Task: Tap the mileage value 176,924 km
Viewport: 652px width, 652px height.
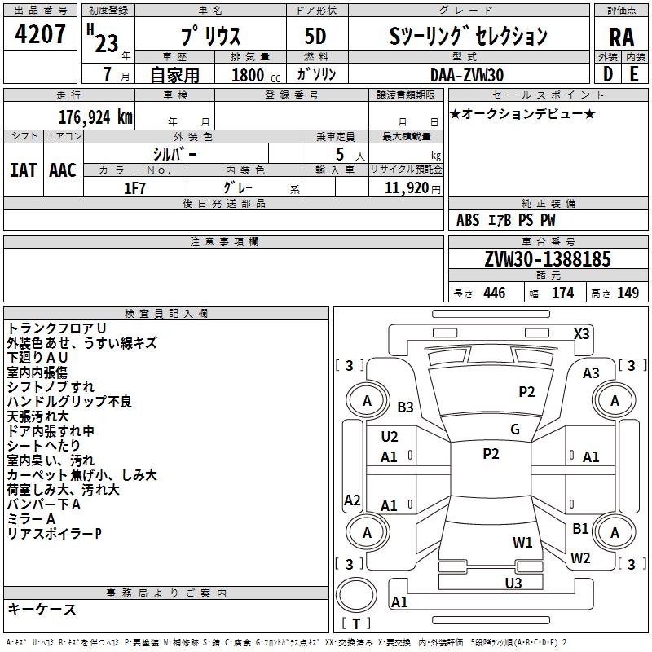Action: pyautogui.click(x=96, y=117)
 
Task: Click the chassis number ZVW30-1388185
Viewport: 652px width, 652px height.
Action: pyautogui.click(x=547, y=259)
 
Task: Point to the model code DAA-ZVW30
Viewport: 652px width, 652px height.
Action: pyautogui.click(x=467, y=74)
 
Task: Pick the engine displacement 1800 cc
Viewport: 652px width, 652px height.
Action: pyautogui.click(x=253, y=75)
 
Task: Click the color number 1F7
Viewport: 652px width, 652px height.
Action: pyautogui.click(x=134, y=187)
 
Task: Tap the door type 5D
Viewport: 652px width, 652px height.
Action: pyautogui.click(x=315, y=37)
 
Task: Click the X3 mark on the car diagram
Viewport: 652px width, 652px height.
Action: pyautogui.click(x=582, y=333)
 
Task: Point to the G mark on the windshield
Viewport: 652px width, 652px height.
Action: pyautogui.click(x=515, y=430)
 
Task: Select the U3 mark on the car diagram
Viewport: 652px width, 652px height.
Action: pyautogui.click(x=513, y=583)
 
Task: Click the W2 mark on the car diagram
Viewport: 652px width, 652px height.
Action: pyautogui.click(x=580, y=558)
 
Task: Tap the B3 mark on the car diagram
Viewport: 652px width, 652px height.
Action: pyautogui.click(x=406, y=407)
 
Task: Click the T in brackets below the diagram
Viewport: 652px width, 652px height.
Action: pyautogui.click(x=356, y=624)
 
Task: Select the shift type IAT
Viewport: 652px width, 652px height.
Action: pyautogui.click(x=23, y=170)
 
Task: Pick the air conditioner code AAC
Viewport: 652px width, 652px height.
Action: pyautogui.click(x=63, y=170)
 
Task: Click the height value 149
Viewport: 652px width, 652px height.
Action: pyautogui.click(x=628, y=293)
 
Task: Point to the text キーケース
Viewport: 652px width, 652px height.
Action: pyautogui.click(x=42, y=610)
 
